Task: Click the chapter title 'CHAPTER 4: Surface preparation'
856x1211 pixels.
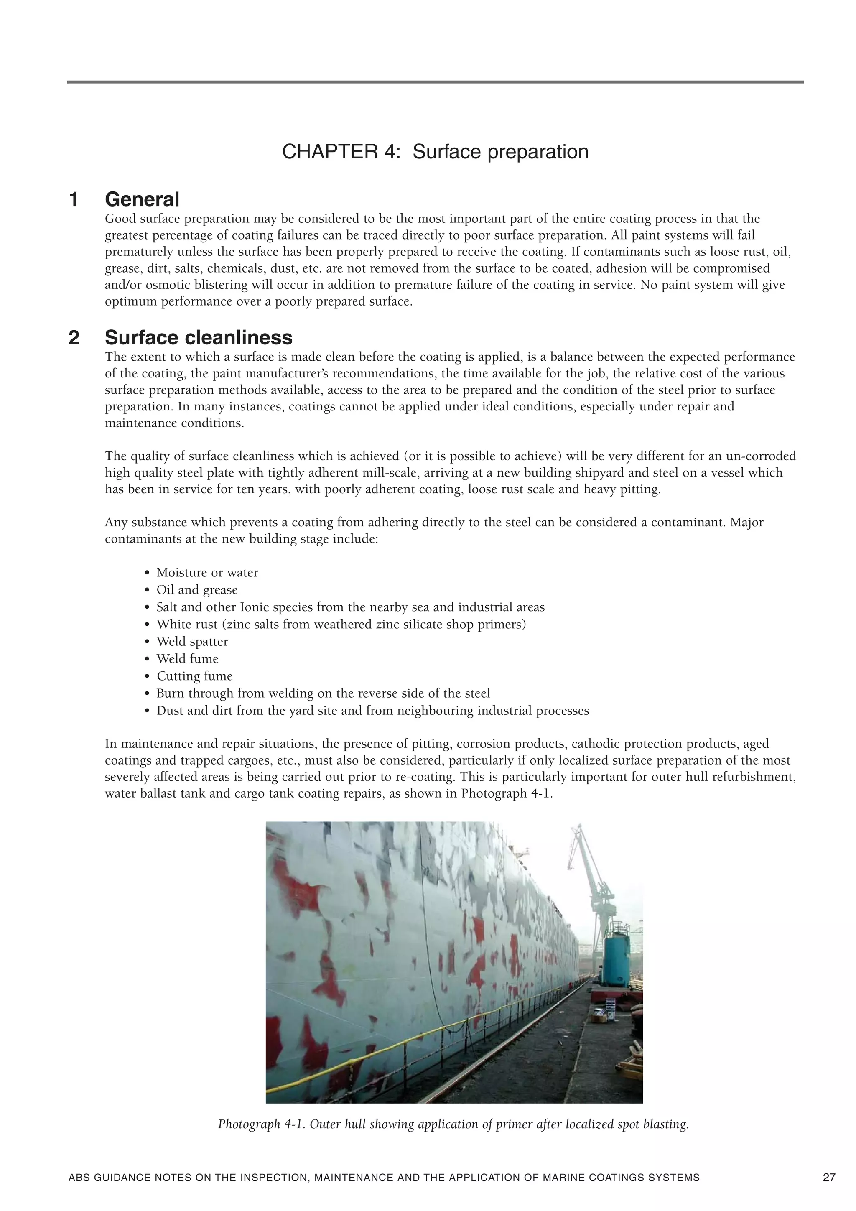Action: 435,152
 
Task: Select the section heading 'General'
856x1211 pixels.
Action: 142,199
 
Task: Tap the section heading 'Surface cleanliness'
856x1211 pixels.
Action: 198,338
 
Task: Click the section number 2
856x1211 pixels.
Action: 74,338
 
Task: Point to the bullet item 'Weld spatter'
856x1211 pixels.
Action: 192,642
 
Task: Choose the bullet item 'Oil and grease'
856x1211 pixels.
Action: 197,590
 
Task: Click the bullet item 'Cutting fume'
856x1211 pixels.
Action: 194,676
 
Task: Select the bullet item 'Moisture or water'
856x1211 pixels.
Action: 207,573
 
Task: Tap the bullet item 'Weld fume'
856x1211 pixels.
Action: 187,659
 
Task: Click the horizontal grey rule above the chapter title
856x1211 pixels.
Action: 435,82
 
